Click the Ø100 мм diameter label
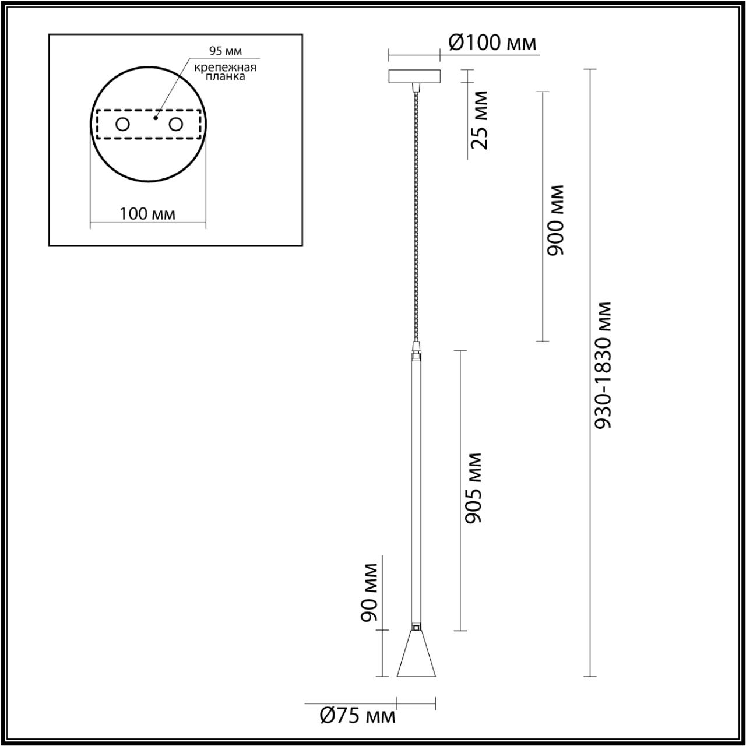[492, 43]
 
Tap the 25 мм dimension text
[479, 120]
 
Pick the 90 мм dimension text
[370, 592]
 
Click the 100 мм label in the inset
[147, 213]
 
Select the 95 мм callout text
[226, 52]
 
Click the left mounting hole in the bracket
[122, 124]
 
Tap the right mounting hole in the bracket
[176, 124]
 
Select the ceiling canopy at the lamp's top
[414, 76]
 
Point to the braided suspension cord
[415, 216]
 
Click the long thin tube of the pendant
[416, 490]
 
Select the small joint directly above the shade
[416, 628]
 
